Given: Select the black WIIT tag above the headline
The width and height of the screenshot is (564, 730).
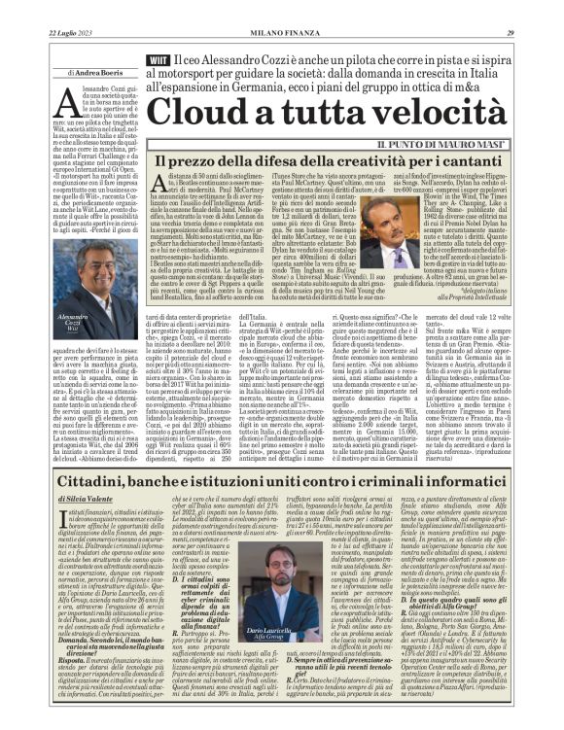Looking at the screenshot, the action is pos(159,60).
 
